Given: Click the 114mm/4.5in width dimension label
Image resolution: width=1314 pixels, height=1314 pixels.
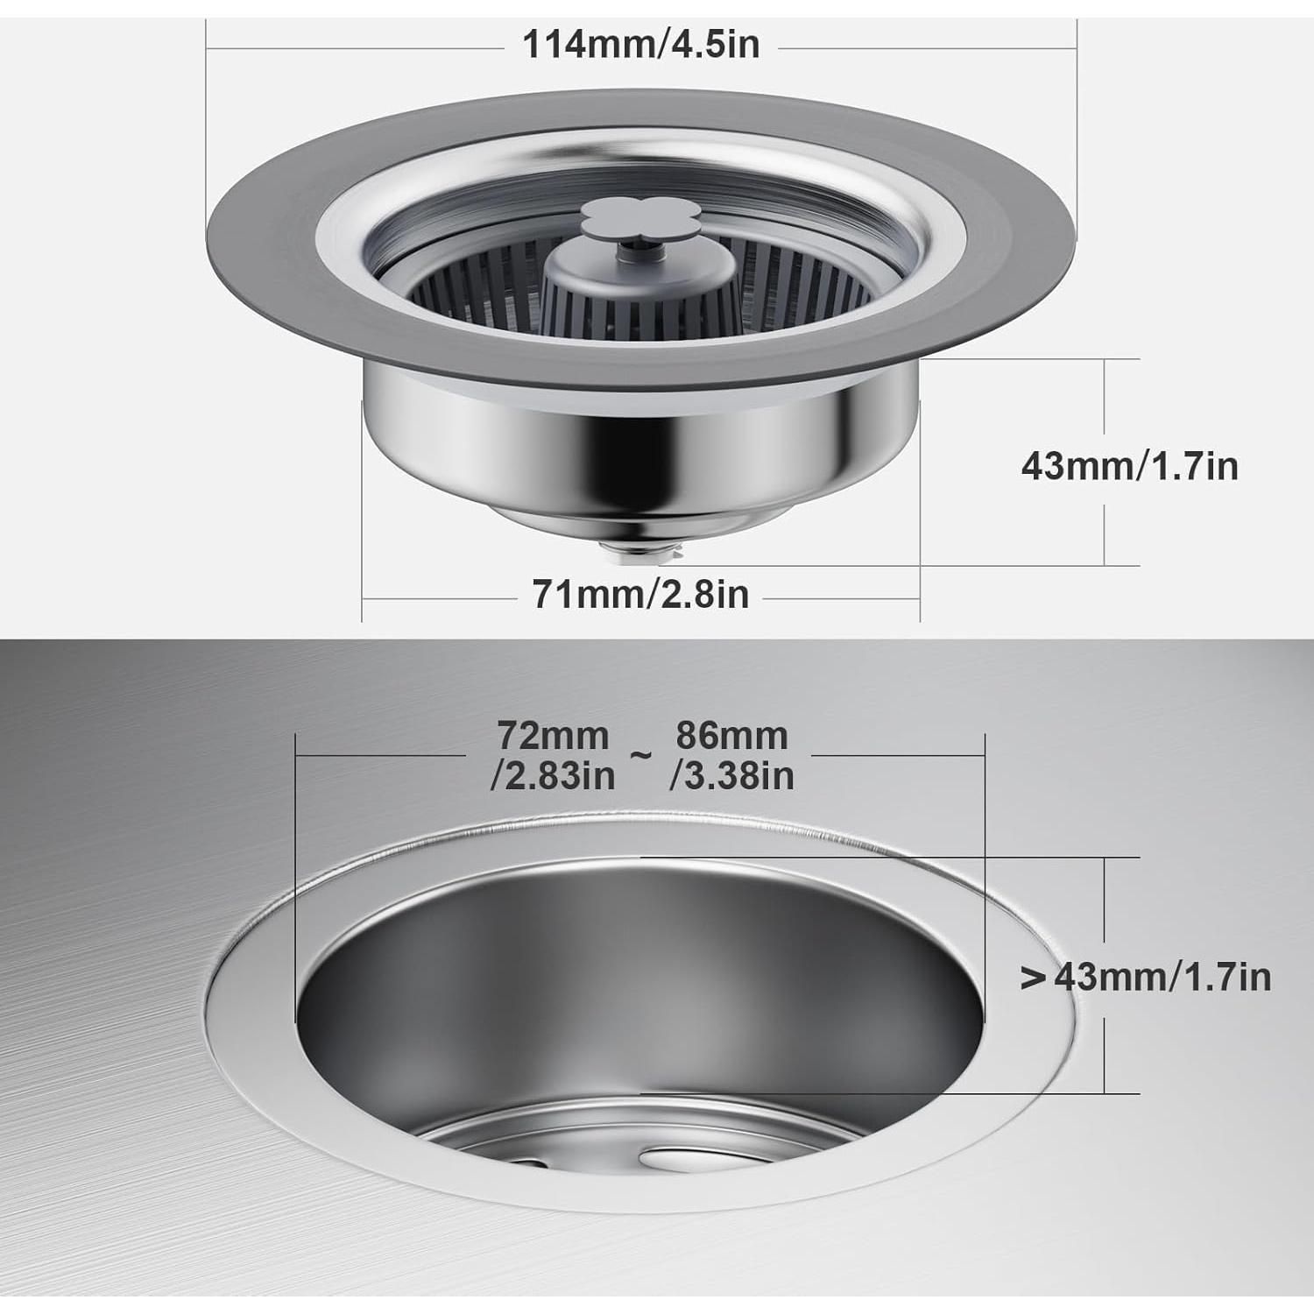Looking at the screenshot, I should pos(640,44).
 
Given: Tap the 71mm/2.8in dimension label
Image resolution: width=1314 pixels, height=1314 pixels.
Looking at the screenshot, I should pos(640,595).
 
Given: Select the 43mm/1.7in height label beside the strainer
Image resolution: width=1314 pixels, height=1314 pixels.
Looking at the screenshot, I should pos(1129,465).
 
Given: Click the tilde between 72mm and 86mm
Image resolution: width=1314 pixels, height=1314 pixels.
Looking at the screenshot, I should pos(641,755).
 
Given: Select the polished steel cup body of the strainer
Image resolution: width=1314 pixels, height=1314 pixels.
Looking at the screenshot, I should pos(639,447).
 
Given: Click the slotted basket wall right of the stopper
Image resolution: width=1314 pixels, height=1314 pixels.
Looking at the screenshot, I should pos(788,280).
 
